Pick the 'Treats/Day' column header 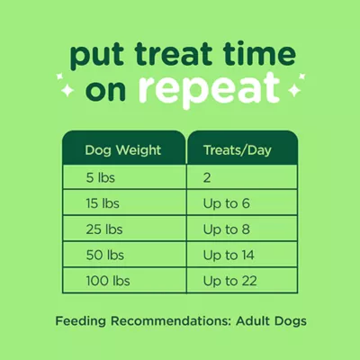(x=238, y=149)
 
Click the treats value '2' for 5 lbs (x=207, y=177)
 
